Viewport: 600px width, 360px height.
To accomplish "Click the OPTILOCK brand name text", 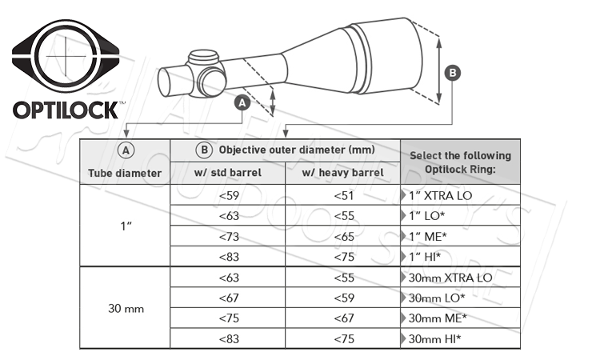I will click(66, 110).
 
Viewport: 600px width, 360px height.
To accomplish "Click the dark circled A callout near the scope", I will click(244, 102).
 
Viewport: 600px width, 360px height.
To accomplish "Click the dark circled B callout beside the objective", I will click(452, 73).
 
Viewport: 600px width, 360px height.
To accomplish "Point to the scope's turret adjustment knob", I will click(204, 61).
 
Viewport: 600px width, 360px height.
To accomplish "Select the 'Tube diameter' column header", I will click(124, 172).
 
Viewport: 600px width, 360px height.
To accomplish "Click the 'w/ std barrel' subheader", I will click(228, 173).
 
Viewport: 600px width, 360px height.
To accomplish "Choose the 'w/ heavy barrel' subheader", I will click(342, 173).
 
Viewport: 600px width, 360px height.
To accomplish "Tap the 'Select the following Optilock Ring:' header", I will click(460, 162).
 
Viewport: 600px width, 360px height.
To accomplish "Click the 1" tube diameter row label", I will click(124, 226).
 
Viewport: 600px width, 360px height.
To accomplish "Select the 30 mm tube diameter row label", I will click(124, 307).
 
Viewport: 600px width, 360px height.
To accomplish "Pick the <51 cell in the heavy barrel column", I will click(342, 194).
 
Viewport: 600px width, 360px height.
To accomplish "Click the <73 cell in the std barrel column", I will click(228, 235).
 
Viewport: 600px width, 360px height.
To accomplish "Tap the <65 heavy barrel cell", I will click(342, 235).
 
